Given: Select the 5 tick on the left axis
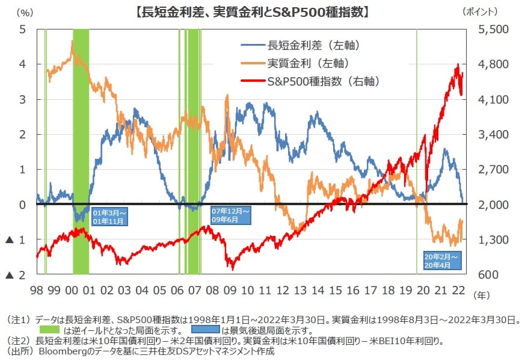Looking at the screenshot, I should coord(22,29).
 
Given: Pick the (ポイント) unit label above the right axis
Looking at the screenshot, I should coord(482,11).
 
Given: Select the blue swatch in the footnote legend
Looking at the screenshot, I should coord(206,330).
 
